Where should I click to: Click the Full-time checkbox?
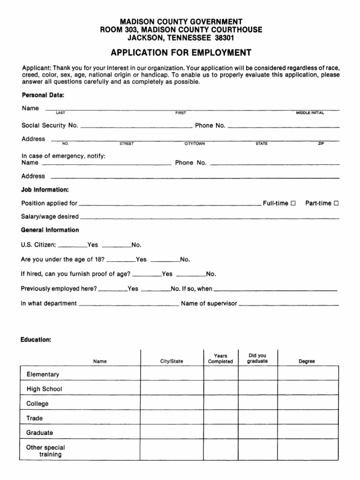click(293, 203)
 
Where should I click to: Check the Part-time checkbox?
click(336, 203)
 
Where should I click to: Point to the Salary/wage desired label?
click(50, 217)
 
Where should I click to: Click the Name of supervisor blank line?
click(288, 305)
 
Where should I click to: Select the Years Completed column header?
click(220, 359)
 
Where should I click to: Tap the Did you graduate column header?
click(257, 359)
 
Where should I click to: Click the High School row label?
click(44, 389)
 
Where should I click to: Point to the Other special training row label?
click(46, 451)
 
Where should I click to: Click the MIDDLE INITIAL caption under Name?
click(310, 113)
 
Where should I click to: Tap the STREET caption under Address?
click(127, 144)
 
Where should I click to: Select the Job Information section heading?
click(45, 190)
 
